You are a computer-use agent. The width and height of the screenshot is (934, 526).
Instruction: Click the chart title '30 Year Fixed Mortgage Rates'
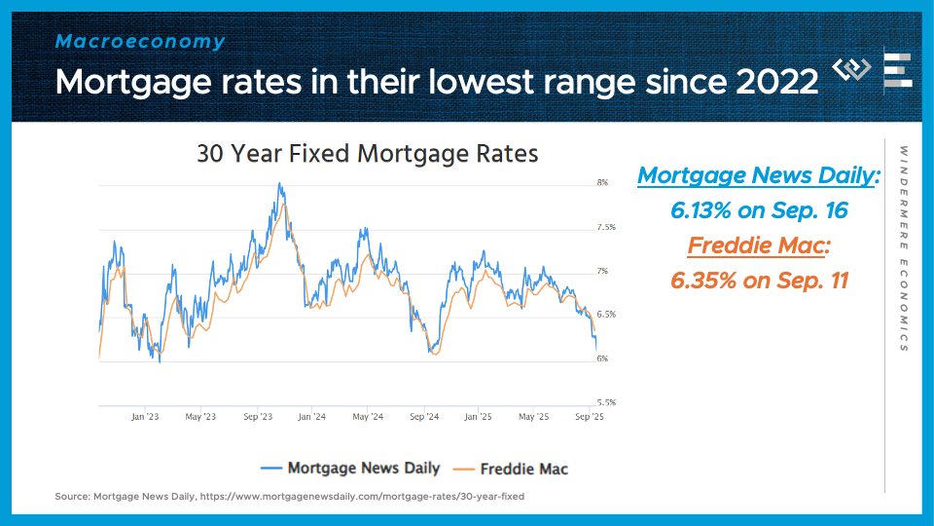367,154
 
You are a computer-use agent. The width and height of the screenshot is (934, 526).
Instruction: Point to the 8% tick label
602,183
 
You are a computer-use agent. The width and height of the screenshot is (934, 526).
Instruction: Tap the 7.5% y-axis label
605,227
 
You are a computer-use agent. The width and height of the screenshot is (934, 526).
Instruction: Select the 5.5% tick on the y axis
605,401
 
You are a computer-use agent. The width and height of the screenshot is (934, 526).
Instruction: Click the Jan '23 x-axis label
144,417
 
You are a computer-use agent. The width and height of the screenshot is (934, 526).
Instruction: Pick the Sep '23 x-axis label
257,417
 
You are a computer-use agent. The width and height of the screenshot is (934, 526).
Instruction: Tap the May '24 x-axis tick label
367,417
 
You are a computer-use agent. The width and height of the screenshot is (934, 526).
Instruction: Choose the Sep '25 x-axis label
590,417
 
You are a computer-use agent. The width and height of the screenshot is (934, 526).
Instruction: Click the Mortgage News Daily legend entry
351,468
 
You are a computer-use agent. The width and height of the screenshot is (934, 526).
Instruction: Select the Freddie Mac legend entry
513,468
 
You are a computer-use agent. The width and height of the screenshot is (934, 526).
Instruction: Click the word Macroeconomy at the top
140,42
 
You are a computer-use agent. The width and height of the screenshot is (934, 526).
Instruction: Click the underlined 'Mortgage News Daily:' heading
759,176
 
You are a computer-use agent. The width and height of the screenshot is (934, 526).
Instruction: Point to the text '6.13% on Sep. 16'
759,210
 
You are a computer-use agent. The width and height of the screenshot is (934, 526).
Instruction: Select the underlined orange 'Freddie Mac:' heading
759,245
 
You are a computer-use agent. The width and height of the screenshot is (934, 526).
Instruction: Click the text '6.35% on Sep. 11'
759,281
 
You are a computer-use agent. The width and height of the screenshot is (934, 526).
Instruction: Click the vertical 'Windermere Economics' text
903,248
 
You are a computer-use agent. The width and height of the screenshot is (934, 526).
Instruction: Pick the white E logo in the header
897,71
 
